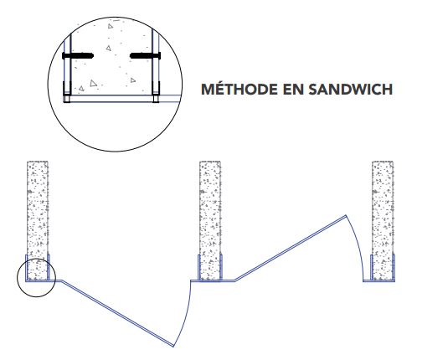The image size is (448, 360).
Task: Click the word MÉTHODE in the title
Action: (x=239, y=89)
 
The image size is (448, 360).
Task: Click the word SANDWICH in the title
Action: (x=350, y=90)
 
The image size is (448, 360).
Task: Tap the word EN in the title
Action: (x=292, y=90)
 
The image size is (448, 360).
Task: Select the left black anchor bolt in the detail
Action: (x=78, y=55)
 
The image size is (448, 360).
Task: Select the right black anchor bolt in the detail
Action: (x=145, y=55)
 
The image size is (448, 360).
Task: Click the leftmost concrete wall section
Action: (x=38, y=220)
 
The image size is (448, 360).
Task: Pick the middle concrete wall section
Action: (x=210, y=220)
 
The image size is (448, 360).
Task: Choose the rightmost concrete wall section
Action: (x=383, y=220)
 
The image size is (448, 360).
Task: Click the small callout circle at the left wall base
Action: (x=36, y=296)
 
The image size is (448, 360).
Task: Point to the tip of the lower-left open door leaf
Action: (x=173, y=347)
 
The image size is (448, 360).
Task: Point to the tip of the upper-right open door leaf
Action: (x=346, y=215)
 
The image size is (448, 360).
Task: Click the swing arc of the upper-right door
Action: (x=358, y=246)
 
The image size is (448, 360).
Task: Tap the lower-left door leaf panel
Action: (x=118, y=314)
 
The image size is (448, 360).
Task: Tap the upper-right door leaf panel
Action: (x=291, y=249)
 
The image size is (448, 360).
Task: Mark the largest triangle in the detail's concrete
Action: (x=94, y=83)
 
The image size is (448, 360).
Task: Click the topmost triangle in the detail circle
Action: (x=111, y=26)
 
